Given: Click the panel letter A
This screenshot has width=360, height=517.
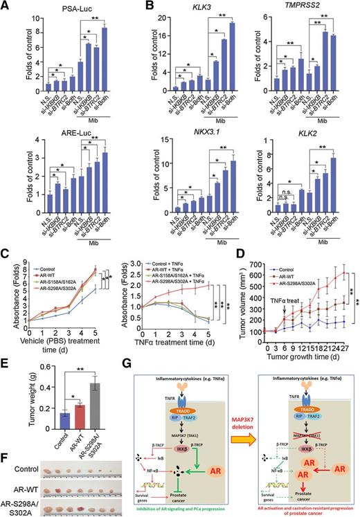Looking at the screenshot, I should coord(7,6).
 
